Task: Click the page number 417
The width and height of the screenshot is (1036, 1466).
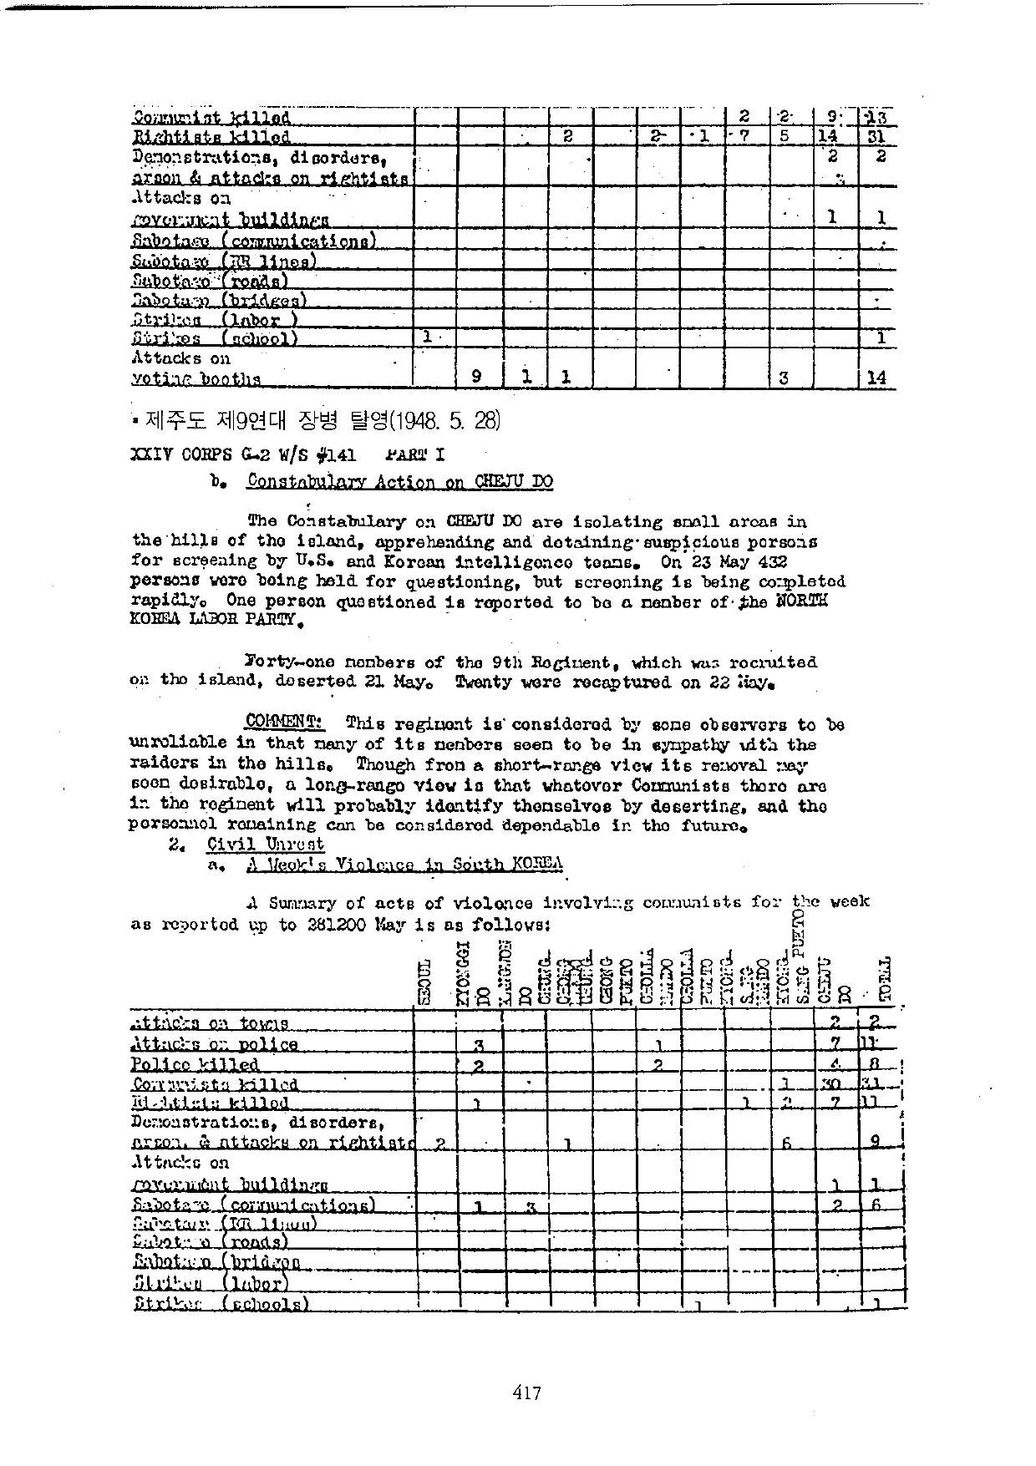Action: click(527, 1392)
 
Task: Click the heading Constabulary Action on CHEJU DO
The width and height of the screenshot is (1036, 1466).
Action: click(399, 481)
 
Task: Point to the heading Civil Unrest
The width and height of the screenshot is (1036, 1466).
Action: click(265, 845)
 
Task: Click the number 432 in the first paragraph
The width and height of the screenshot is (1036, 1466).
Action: click(771, 561)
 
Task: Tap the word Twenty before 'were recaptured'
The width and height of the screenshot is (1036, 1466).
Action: click(483, 682)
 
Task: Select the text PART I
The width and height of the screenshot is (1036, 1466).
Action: click(414, 454)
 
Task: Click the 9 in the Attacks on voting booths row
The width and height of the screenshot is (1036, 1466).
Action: click(475, 377)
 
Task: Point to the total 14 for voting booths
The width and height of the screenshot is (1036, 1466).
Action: click(876, 378)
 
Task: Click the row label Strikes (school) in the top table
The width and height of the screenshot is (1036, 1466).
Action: click(215, 338)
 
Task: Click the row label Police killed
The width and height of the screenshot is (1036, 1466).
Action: click(195, 1064)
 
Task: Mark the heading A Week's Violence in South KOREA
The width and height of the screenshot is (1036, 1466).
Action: click(404, 865)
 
